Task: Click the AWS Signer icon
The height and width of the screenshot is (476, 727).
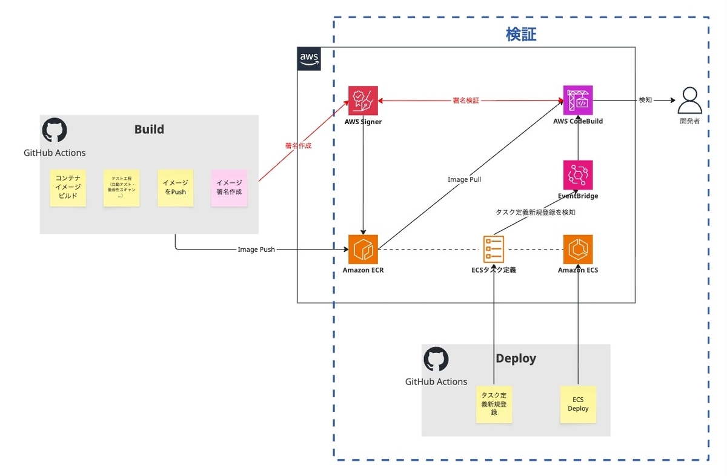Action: click(363, 101)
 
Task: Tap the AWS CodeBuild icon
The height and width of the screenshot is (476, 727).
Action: click(578, 101)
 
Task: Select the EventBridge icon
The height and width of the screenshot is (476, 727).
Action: click(578, 175)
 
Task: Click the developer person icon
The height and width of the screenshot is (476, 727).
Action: click(689, 101)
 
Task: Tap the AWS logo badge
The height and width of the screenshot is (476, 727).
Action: click(309, 58)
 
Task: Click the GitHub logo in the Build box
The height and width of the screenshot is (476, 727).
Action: click(55, 130)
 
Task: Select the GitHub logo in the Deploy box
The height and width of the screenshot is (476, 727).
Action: click(436, 359)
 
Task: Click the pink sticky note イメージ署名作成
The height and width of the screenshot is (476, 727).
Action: click(229, 188)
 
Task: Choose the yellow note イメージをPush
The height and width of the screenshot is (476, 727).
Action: click(175, 188)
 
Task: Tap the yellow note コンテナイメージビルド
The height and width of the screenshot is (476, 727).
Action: click(68, 188)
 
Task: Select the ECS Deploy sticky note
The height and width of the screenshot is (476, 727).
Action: click(578, 404)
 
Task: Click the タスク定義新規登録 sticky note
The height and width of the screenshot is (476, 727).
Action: click(494, 404)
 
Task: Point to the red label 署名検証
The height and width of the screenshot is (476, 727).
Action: click(465, 101)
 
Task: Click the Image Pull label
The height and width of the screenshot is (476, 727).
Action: click(464, 179)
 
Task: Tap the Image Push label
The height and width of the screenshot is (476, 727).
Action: click(256, 250)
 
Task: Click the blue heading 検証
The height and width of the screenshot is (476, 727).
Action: click(521, 35)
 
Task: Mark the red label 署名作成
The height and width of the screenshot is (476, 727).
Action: click(298, 146)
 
